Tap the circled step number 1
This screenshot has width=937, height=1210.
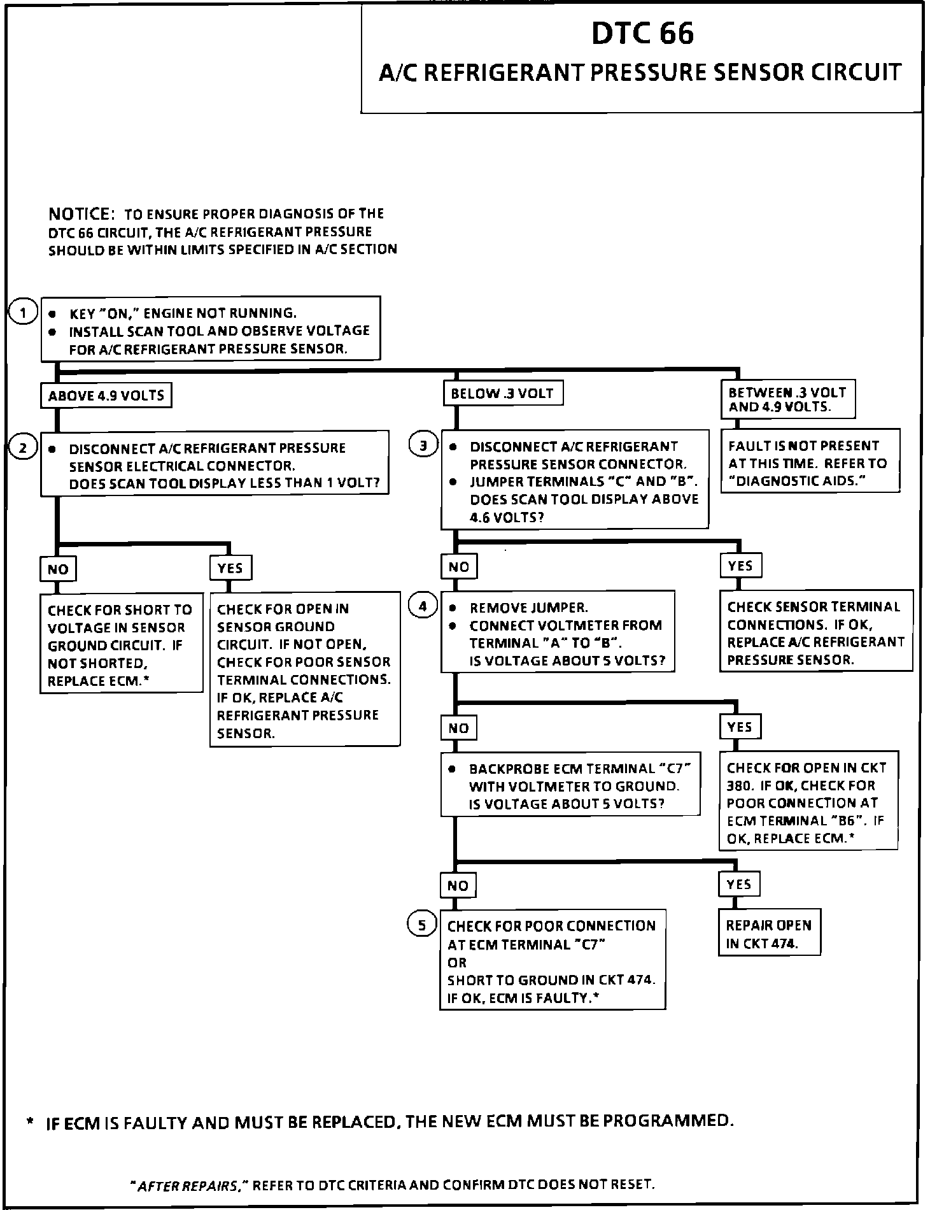click(x=24, y=313)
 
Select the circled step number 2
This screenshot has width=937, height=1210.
click(x=24, y=448)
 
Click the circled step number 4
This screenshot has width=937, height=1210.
click(x=423, y=606)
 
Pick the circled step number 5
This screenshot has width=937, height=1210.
click(x=421, y=924)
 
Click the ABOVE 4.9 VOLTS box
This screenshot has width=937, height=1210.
click(x=106, y=395)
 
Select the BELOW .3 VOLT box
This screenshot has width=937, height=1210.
click(x=502, y=394)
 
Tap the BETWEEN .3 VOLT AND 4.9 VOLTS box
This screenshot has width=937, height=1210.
click(x=787, y=399)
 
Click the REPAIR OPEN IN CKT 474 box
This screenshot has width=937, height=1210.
click(x=769, y=934)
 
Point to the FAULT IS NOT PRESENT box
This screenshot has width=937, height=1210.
click(x=810, y=463)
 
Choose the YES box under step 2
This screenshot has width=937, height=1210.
click(x=230, y=567)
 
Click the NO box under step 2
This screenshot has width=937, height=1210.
click(x=58, y=569)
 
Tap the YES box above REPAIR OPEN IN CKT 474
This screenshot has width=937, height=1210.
click(x=738, y=884)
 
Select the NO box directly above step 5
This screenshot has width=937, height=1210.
click(x=458, y=885)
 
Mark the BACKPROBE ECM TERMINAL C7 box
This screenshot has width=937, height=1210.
click(x=570, y=786)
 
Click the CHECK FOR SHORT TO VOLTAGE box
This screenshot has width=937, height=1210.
click(x=121, y=645)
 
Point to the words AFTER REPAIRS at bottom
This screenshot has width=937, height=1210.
click(x=188, y=1185)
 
